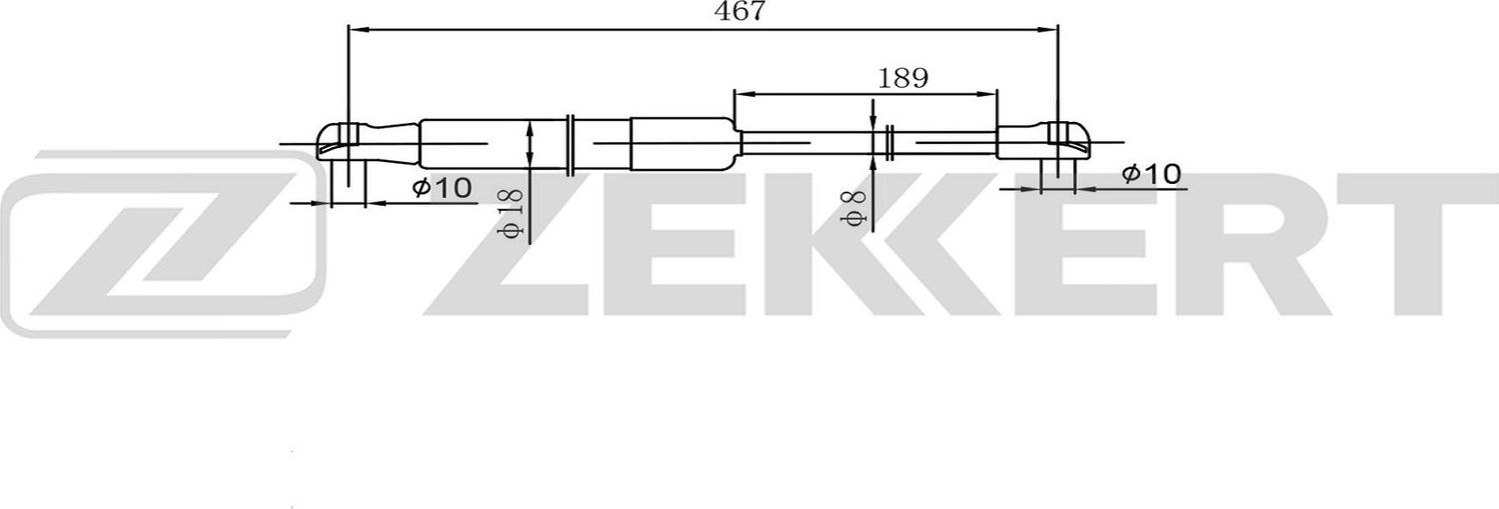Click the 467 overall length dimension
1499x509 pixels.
pyautogui.click(x=740, y=12)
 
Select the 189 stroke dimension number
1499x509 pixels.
pyautogui.click(x=902, y=77)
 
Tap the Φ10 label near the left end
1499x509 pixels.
pyautogui.click(x=441, y=187)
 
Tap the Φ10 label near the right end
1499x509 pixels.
pyautogui.click(x=1151, y=174)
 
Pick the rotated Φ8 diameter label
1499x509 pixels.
pyautogui.click(x=852, y=205)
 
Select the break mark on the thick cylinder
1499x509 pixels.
pyautogui.click(x=569, y=143)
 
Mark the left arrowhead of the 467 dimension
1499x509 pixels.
pyautogui.click(x=356, y=30)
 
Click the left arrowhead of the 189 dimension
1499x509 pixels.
pyautogui.click(x=742, y=95)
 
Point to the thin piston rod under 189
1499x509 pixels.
pyautogui.click(x=799, y=143)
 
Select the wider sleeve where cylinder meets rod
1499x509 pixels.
pyautogui.click(x=680, y=143)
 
